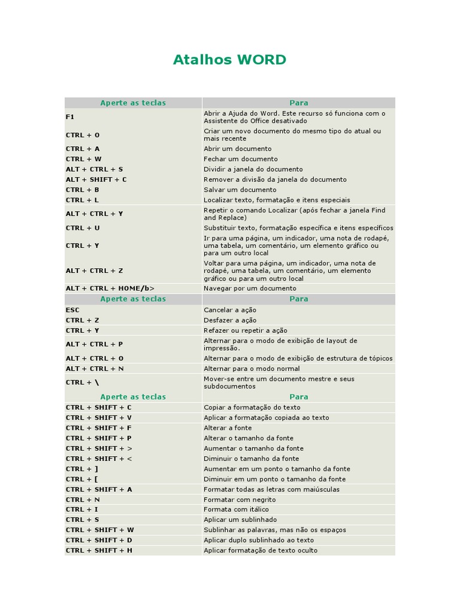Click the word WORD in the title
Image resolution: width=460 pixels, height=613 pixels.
(262, 60)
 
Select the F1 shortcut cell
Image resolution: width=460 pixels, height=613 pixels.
(70, 117)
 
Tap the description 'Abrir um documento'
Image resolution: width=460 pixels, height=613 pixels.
(237, 148)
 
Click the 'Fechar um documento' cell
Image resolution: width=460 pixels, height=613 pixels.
(240, 159)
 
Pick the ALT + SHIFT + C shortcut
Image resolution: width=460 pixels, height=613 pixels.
(96, 180)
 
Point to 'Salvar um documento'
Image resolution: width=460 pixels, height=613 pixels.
(240, 190)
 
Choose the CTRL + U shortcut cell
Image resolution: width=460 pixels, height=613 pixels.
(83, 228)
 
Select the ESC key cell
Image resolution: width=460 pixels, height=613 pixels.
(72, 310)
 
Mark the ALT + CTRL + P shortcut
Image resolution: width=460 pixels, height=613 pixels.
(94, 344)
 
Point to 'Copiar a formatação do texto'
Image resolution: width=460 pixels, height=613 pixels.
(252, 408)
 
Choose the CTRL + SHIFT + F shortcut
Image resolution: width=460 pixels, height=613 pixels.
(98, 428)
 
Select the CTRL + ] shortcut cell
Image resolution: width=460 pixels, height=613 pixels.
(82, 469)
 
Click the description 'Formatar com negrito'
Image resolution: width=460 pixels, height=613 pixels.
(240, 499)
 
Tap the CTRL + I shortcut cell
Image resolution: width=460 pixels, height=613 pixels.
(82, 509)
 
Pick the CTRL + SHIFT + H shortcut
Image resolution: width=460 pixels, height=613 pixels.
(99, 550)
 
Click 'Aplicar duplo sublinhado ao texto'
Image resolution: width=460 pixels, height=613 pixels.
(258, 540)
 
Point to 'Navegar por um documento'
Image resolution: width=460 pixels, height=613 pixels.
(250, 289)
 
